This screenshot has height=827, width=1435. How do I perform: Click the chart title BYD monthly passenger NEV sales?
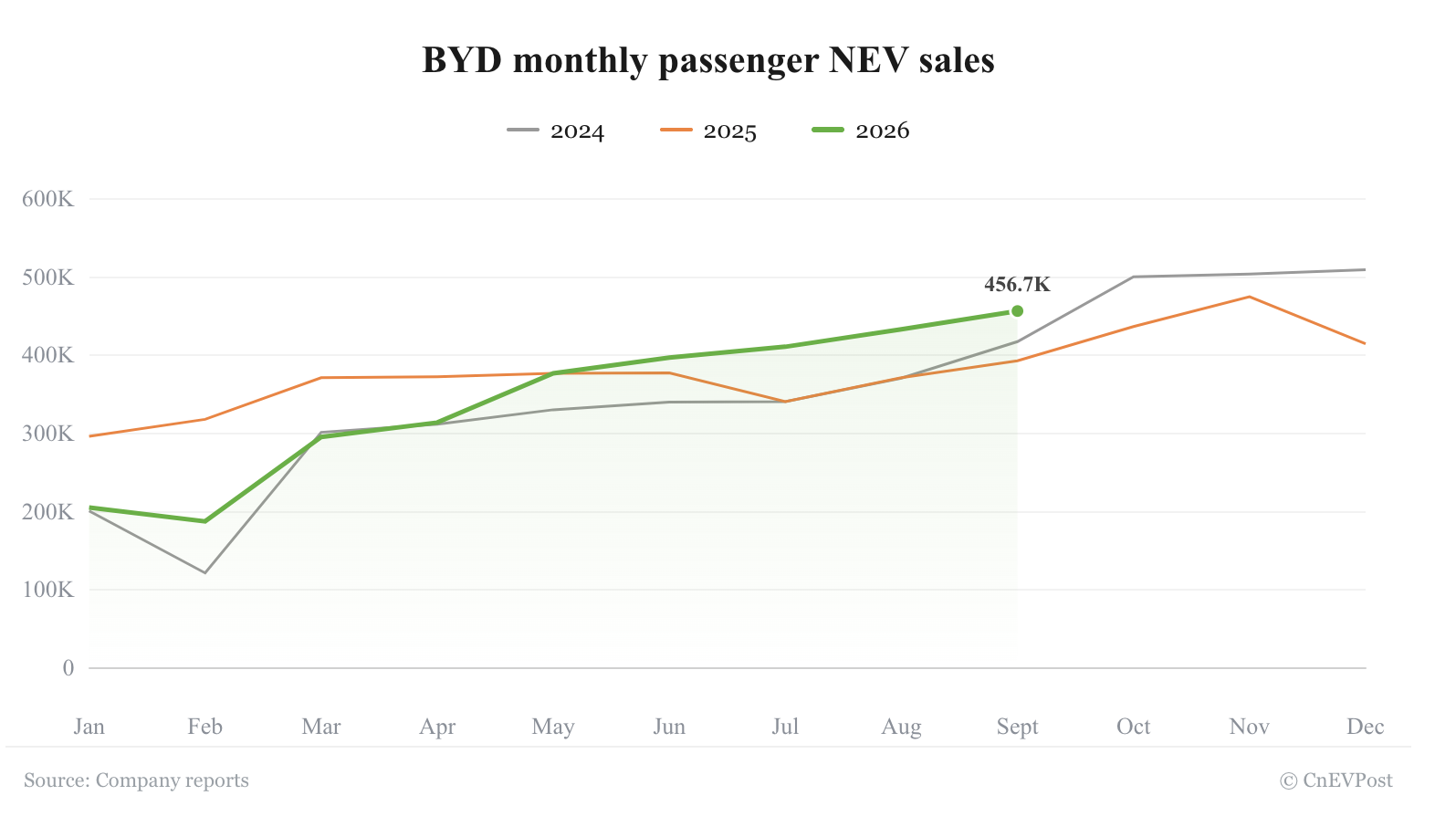[x=707, y=61]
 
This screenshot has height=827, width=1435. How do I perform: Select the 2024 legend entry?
[x=555, y=131]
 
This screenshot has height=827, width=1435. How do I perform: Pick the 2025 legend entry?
[x=707, y=131]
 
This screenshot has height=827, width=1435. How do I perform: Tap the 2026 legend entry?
[x=860, y=131]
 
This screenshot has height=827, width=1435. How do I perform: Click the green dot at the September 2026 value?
[x=1017, y=311]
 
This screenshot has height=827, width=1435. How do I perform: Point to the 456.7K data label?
[x=1017, y=285]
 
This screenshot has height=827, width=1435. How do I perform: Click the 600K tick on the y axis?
[x=48, y=199]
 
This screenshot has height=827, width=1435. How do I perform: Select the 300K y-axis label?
[x=48, y=434]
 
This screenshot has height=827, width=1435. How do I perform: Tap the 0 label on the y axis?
[x=68, y=668]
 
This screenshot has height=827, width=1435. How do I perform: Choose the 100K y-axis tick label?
[x=48, y=590]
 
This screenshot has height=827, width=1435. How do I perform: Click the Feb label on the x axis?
[x=205, y=727]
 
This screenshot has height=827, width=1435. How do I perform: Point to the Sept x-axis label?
[x=1017, y=728]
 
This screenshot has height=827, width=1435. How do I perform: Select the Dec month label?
[x=1366, y=727]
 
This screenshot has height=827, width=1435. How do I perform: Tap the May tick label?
[x=553, y=728]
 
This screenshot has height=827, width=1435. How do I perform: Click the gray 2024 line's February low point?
[x=205, y=572]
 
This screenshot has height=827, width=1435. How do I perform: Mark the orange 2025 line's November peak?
[x=1249, y=297]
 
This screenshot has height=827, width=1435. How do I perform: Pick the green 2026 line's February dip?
[x=205, y=521]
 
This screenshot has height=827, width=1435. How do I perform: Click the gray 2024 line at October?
[x=1133, y=277]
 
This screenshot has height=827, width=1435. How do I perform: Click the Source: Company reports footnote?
[x=136, y=780]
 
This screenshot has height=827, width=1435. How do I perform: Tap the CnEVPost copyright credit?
[x=1335, y=780]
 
